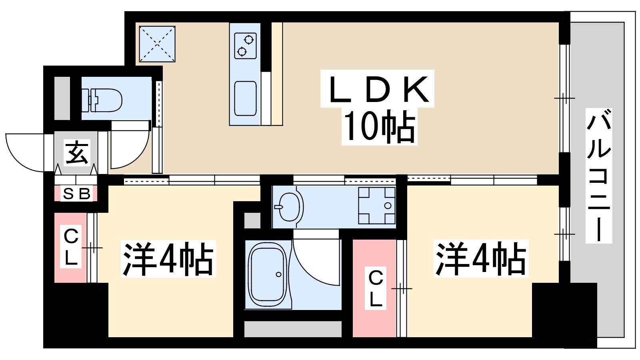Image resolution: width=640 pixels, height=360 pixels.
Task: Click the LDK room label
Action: click(378, 89)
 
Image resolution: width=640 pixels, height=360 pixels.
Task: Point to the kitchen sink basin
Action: click(245, 98)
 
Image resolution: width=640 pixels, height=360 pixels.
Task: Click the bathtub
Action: click(267, 275)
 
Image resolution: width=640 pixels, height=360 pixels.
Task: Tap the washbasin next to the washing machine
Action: click(289, 206)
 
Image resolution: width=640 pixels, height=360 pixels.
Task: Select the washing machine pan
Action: click(376, 206)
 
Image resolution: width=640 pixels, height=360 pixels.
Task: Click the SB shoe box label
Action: click(77, 194)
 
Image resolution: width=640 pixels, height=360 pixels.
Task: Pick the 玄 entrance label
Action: click(76, 152)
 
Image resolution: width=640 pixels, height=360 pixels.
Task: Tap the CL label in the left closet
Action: click(71, 247)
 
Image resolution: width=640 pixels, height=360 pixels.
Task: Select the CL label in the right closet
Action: click(376, 288)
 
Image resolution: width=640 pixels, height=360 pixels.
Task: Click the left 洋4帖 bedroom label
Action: click(168, 259)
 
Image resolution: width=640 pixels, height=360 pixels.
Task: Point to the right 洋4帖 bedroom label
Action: click(481, 259)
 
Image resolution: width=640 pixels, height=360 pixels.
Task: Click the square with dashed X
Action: click(157, 44)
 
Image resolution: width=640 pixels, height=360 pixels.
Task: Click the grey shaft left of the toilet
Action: click(62, 98)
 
